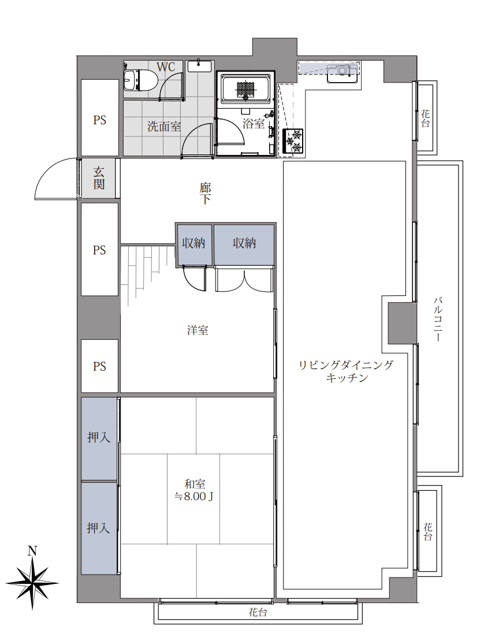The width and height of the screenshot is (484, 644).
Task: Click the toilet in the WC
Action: coord(140,79)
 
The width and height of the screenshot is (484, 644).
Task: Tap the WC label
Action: coord(166,67)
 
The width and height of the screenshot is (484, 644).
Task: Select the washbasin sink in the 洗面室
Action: coord(199,66)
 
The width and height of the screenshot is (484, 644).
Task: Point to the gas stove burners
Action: coord(293,141)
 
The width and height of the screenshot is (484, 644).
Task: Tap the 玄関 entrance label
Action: coord(99,178)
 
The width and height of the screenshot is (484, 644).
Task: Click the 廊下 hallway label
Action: coord(205,194)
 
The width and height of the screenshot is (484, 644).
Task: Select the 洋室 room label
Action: coord(198,330)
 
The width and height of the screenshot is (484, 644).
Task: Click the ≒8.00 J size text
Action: coord(194,497)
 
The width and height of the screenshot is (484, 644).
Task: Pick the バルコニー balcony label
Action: coord(438,319)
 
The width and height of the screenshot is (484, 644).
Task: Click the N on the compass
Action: coord(32,551)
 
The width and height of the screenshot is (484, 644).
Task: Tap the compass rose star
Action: coord(32,582)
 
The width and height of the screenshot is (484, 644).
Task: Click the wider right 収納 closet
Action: coord(244,245)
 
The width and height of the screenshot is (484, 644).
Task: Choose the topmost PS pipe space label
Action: coord(100,120)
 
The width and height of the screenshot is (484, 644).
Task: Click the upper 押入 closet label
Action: coord(99,438)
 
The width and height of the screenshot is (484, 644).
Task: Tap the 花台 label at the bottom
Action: coord(258,613)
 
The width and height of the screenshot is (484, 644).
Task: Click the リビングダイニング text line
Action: coord(345,365)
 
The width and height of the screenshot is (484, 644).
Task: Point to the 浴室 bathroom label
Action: coord(254,123)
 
